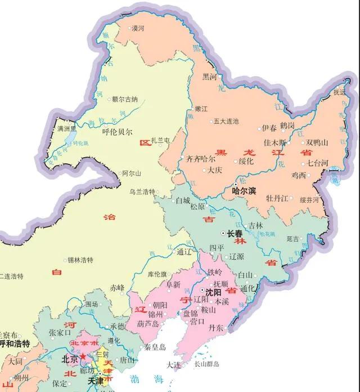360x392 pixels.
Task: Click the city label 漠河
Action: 138,28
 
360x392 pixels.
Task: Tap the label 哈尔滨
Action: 245,191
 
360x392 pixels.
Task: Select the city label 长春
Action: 235,233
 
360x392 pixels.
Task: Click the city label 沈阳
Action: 214,293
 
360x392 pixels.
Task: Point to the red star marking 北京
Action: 83,357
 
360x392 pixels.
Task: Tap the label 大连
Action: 174,365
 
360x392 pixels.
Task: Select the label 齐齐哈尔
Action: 201,159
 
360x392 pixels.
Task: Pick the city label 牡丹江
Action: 277,199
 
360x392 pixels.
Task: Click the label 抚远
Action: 339,92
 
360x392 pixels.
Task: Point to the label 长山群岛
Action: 206,364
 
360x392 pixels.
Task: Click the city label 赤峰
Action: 117,287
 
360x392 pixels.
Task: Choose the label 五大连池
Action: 227,121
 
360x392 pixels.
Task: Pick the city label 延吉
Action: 293,239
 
